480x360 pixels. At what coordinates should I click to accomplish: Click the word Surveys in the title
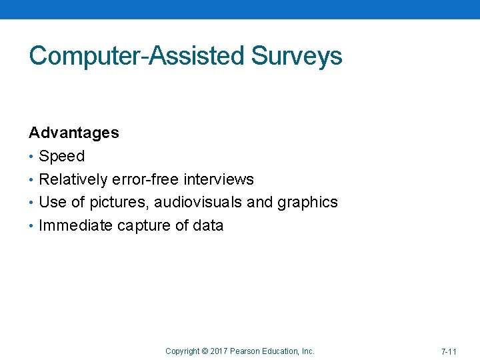click(x=297, y=56)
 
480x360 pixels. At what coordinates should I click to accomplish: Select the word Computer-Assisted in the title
click(x=137, y=56)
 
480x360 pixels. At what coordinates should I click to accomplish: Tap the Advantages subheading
click(x=74, y=133)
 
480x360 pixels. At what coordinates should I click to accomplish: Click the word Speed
click(x=62, y=157)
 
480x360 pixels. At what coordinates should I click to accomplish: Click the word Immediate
click(x=76, y=225)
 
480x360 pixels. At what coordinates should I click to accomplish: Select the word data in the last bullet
click(x=209, y=225)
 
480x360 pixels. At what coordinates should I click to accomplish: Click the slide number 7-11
click(x=449, y=351)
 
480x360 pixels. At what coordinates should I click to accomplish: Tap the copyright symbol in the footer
click(x=205, y=351)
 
